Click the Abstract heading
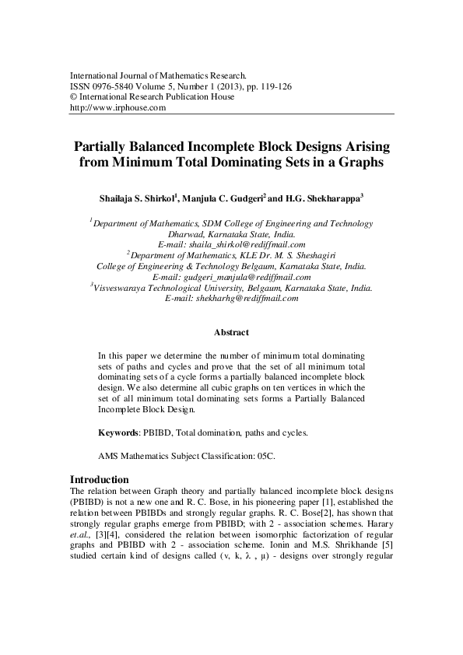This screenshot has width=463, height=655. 231,333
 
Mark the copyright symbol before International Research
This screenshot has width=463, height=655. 74,97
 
